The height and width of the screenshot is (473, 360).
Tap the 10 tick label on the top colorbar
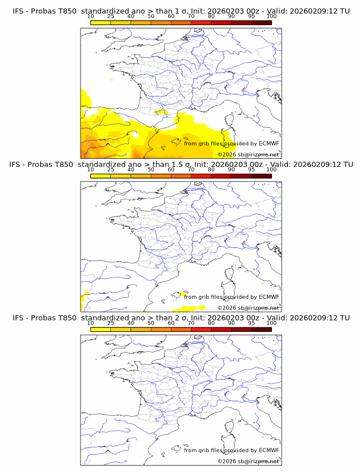pyautogui.click(x=90, y=16)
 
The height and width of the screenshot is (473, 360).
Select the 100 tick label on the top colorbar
pyautogui.click(x=271, y=16)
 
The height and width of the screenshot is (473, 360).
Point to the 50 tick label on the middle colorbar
pyautogui.click(x=151, y=170)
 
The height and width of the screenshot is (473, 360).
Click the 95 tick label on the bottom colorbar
pyautogui.click(x=251, y=323)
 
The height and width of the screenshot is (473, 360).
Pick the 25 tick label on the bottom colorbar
pyautogui.click(x=110, y=323)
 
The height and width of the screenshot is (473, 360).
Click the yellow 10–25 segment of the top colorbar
pyautogui.click(x=101, y=22)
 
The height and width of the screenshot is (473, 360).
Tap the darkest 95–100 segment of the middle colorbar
pyautogui.click(x=261, y=176)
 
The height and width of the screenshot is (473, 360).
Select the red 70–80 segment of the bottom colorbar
pyautogui.click(x=201, y=329)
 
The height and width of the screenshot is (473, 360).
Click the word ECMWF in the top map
pyautogui.click(x=269, y=143)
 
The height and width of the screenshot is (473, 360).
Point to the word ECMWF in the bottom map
pyautogui.click(x=269, y=450)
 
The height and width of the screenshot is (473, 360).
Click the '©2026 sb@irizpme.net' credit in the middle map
pyautogui.click(x=248, y=307)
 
